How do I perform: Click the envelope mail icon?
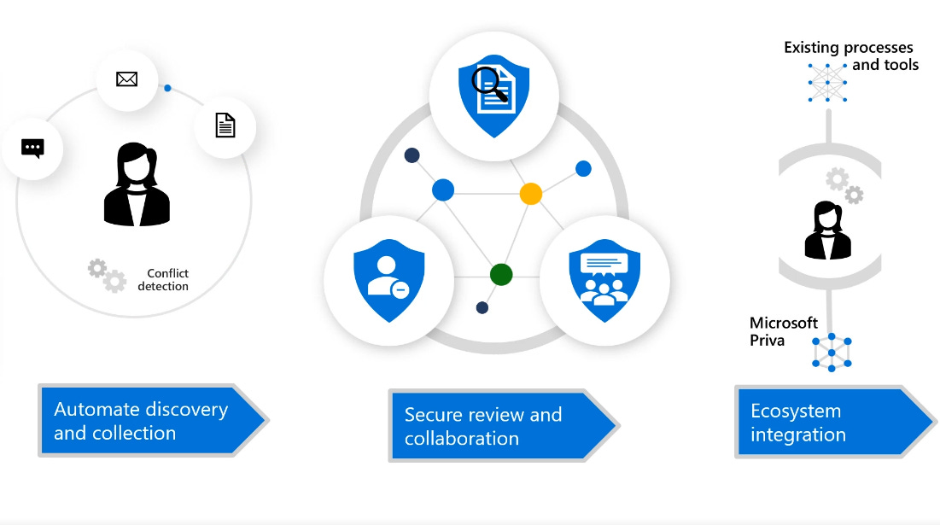point(126,79)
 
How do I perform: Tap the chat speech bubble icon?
point(32,149)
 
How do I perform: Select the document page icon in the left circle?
point(225,125)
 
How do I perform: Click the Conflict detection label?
point(163,280)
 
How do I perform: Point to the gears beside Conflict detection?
point(108,275)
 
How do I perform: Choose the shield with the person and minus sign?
point(382,279)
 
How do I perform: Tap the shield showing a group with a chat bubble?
point(604,279)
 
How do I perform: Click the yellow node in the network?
point(530,193)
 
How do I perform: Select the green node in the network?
point(501,274)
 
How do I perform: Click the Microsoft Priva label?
point(783,331)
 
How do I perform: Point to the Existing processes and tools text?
point(850,55)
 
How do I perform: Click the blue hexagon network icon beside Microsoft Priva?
point(832,351)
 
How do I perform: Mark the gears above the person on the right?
point(844,185)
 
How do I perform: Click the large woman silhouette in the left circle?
point(137,185)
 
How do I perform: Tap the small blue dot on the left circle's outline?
point(167,88)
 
